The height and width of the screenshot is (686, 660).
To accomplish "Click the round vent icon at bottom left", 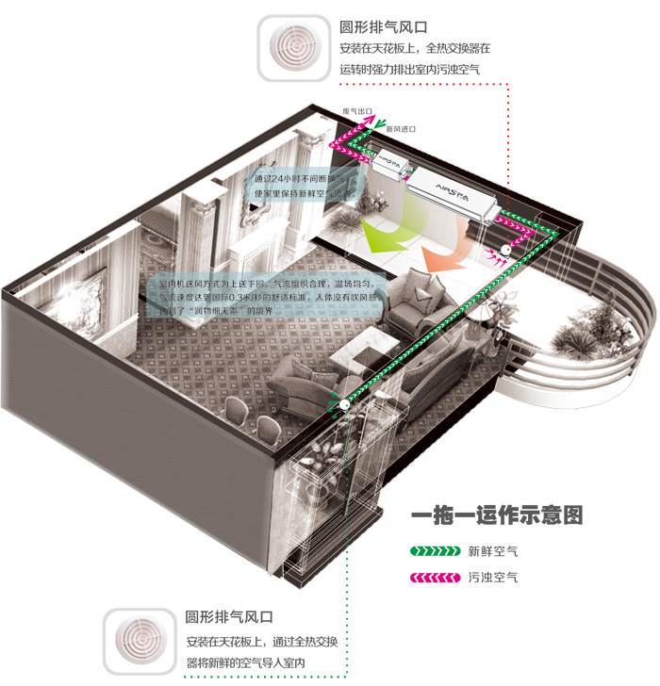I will (140, 644).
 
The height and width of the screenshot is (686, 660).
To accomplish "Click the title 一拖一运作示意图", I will (497, 516).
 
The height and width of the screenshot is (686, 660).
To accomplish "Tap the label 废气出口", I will (356, 111).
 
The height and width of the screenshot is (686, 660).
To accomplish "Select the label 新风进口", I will (401, 128).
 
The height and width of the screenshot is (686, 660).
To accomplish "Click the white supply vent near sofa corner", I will (344, 404).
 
